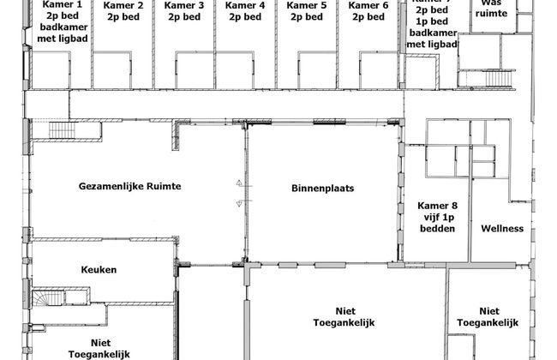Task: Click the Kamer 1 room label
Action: [56, 5]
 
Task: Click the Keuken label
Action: [99, 270]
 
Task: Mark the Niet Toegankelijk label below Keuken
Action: [99, 347]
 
